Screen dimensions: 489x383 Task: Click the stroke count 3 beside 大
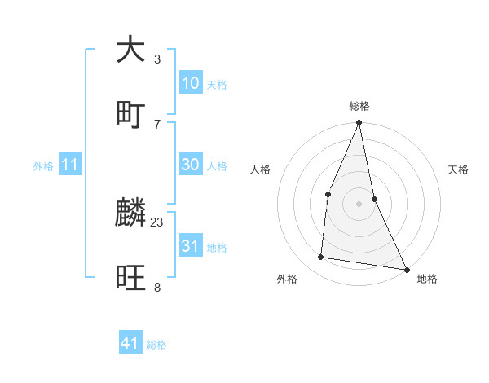[157, 59]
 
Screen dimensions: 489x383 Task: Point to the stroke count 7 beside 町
[157, 123]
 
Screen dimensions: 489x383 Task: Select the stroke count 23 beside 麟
[157, 222]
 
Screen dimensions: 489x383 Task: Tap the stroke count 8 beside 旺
[157, 287]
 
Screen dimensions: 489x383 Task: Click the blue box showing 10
[191, 83]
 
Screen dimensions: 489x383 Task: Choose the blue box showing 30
[191, 165]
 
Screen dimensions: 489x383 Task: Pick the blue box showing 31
[191, 246]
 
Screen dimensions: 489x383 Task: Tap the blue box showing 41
[130, 343]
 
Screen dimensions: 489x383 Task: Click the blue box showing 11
[70, 165]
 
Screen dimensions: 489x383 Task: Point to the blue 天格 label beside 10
[217, 85]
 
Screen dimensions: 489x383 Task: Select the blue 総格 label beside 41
[156, 345]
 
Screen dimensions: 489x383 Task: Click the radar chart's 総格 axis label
[359, 106]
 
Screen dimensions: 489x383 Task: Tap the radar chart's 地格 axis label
[427, 279]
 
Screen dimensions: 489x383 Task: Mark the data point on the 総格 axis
[359, 124]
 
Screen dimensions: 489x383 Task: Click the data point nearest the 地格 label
[406, 269]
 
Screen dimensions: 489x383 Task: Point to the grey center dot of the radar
[359, 204]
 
